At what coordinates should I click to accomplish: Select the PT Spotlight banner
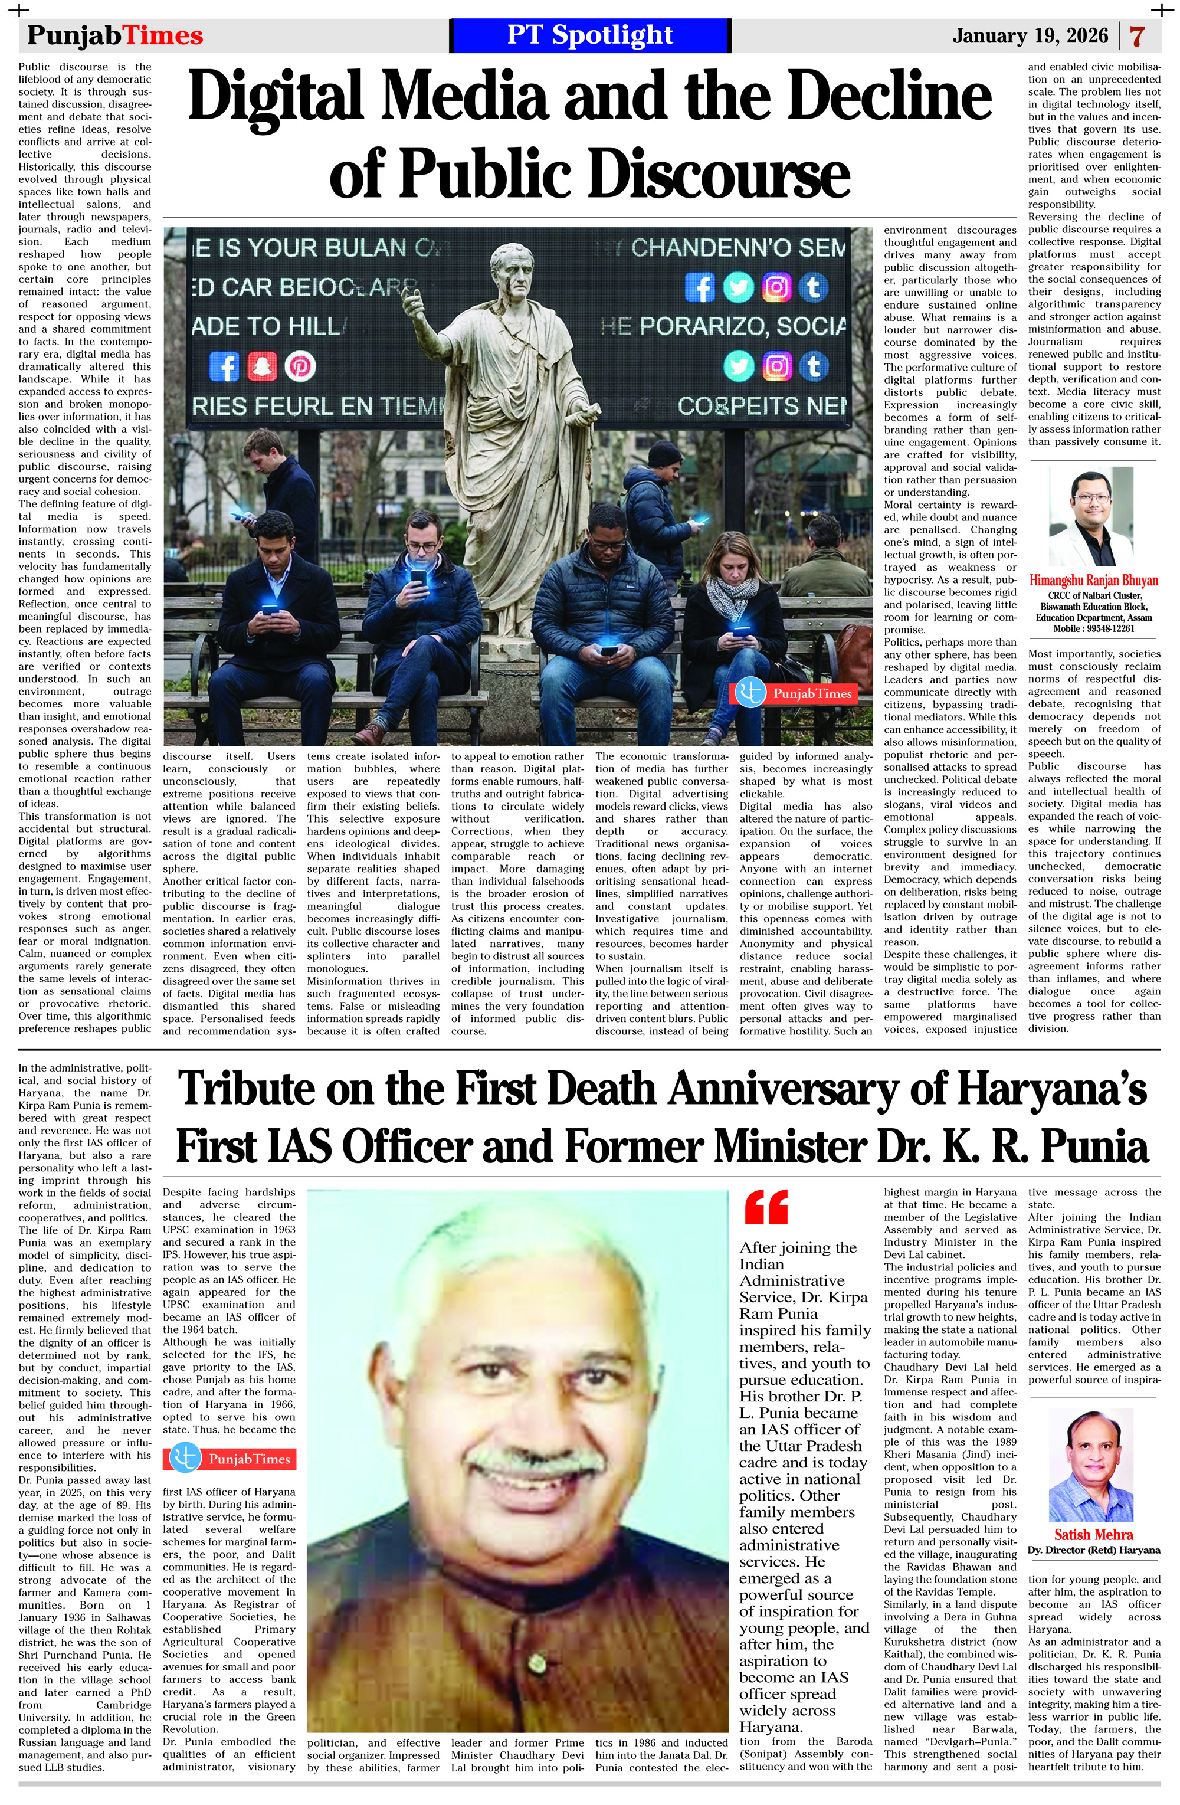(590, 35)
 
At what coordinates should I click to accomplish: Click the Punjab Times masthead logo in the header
(115, 35)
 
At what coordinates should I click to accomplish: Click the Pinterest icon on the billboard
(300, 366)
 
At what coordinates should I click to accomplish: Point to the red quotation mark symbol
(765, 1207)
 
